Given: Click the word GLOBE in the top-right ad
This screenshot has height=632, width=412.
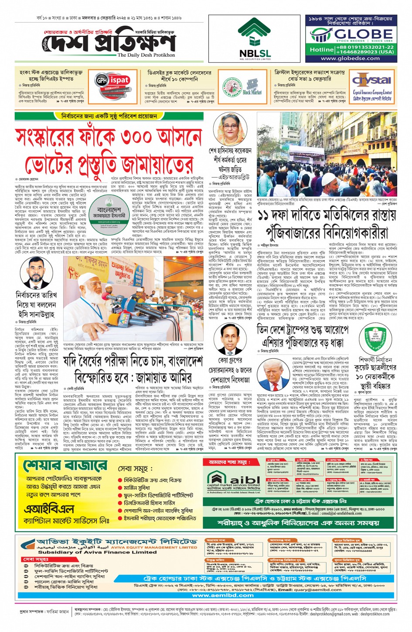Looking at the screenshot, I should click(364, 34).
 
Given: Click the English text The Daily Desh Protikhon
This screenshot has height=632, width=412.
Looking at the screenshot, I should click(146, 55).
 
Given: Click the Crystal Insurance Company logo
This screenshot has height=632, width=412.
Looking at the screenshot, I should click(372, 85).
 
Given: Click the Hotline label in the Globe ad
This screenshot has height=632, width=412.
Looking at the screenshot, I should click(322, 50).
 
